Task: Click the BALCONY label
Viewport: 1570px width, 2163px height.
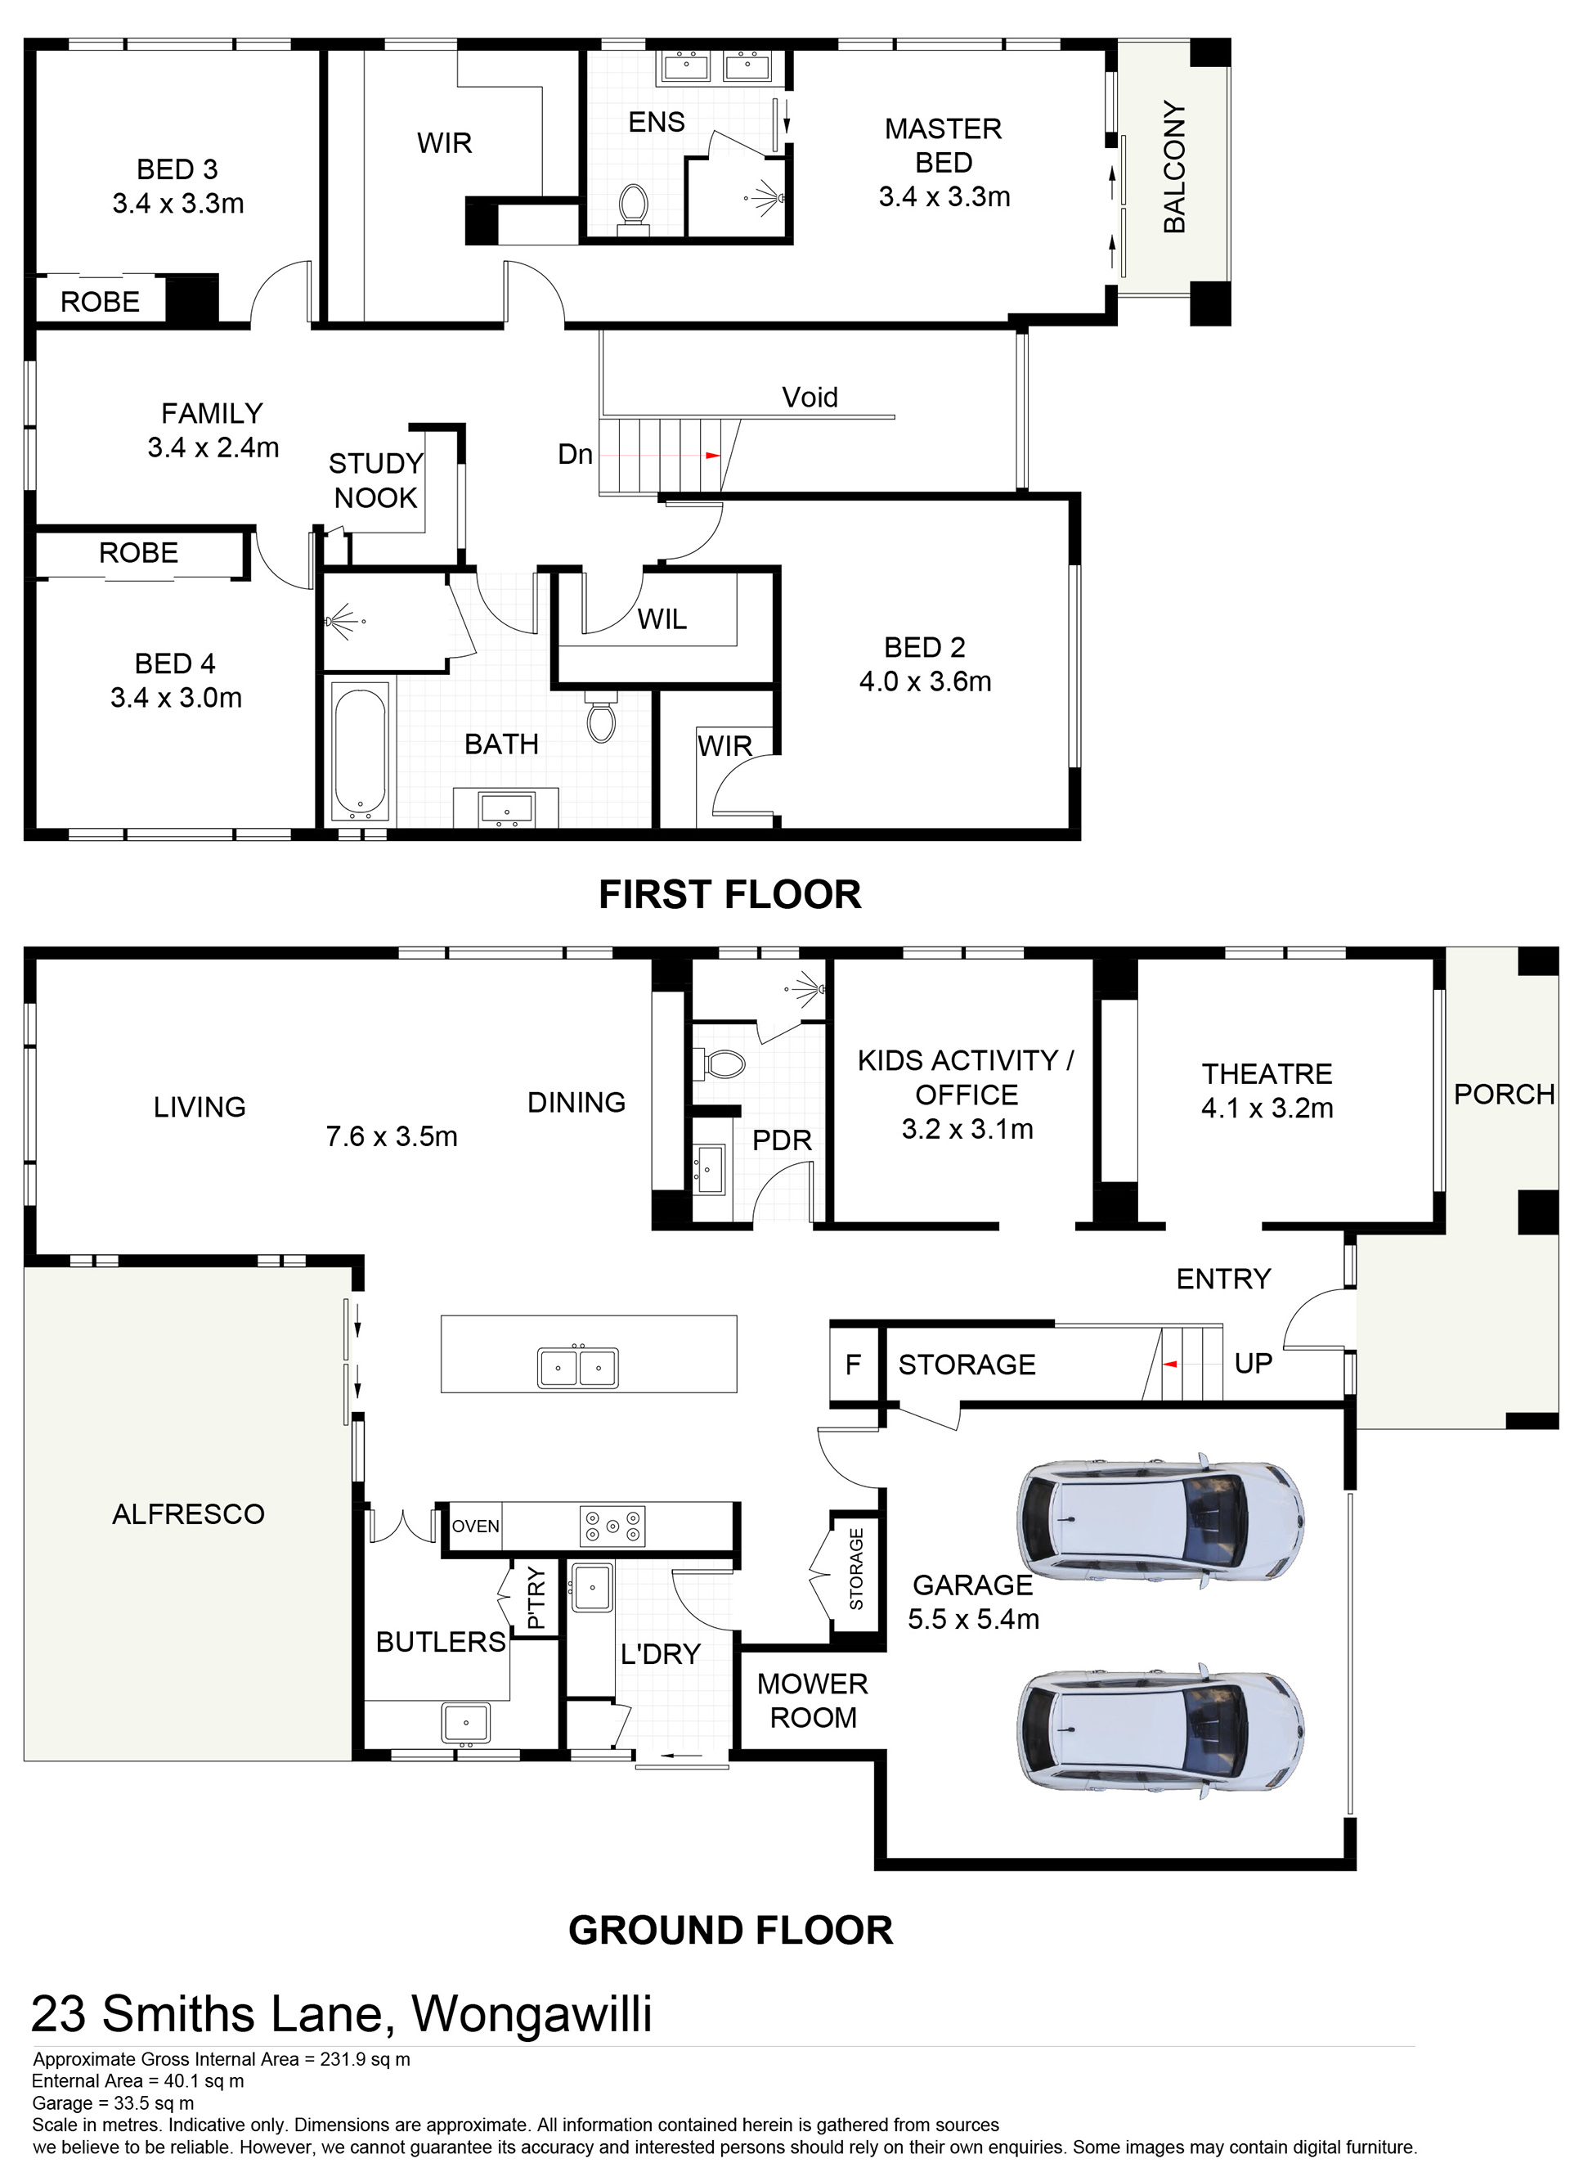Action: pyautogui.click(x=1174, y=166)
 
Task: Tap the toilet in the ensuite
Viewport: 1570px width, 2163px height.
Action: pyautogui.click(x=633, y=209)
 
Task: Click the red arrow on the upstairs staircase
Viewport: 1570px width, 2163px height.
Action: pyautogui.click(x=712, y=456)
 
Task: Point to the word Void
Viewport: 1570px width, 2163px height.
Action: pyautogui.click(x=810, y=397)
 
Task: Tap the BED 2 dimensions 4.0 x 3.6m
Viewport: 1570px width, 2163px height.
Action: pyautogui.click(x=925, y=681)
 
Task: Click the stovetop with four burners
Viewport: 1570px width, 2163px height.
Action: pyautogui.click(x=613, y=1526)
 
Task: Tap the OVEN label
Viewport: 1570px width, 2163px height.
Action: pyautogui.click(x=475, y=1526)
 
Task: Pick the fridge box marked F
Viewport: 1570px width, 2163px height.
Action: pyautogui.click(x=853, y=1364)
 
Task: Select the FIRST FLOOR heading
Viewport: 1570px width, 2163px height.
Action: pyautogui.click(x=730, y=895)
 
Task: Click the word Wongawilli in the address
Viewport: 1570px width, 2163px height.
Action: pyautogui.click(x=532, y=2014)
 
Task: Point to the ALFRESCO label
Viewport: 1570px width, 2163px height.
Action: pyautogui.click(x=188, y=1513)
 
